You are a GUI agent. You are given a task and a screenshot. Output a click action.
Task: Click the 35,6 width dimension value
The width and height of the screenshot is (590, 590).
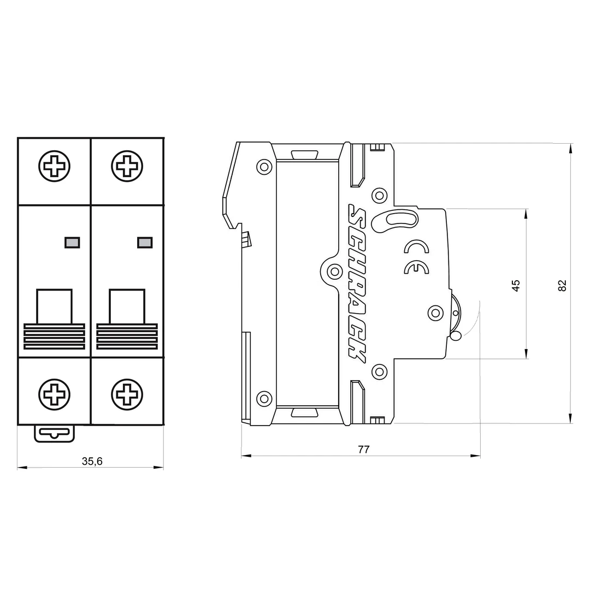coord(92,461)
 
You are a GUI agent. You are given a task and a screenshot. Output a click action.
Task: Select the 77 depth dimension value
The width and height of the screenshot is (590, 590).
coord(363,450)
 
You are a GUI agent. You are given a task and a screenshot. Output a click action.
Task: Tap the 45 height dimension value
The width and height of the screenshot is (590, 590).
coord(516,285)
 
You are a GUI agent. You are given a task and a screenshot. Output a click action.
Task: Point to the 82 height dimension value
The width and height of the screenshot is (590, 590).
coord(562,285)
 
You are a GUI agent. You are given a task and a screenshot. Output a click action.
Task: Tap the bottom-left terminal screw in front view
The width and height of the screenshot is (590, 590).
coord(54,394)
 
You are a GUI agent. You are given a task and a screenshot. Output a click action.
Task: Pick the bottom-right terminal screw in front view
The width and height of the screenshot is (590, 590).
coord(127,394)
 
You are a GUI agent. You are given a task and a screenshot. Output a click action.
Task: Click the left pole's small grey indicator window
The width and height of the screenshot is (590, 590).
coord(72,242)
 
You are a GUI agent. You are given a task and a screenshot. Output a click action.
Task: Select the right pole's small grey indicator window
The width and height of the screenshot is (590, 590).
coord(145,242)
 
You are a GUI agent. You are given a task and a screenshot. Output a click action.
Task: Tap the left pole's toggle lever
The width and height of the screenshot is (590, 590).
coord(54,320)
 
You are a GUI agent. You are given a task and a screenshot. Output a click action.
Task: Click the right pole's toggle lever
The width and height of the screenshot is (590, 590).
coord(127,320)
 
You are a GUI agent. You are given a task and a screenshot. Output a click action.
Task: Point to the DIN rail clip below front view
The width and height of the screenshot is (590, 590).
coord(54,433)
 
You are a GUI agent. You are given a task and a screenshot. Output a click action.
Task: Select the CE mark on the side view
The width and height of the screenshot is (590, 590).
coord(416,267)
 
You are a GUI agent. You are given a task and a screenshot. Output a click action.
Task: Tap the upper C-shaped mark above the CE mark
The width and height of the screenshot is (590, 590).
coord(416,248)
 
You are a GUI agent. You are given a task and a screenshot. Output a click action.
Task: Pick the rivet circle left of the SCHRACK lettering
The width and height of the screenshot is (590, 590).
coord(334,271)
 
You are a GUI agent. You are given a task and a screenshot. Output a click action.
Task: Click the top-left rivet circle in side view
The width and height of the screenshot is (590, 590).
coord(264,166)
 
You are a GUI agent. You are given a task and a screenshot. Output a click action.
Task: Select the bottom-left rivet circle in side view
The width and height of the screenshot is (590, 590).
coord(264,398)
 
